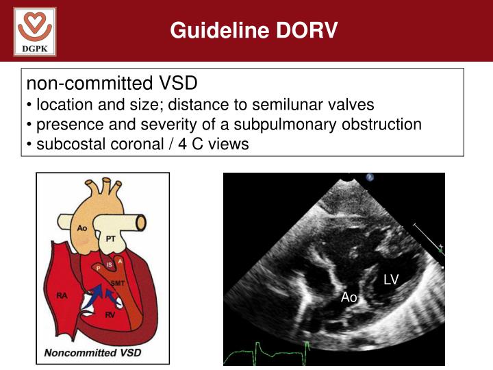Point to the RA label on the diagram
62,296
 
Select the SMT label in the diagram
118,281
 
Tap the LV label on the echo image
391,279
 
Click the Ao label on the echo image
349,297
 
